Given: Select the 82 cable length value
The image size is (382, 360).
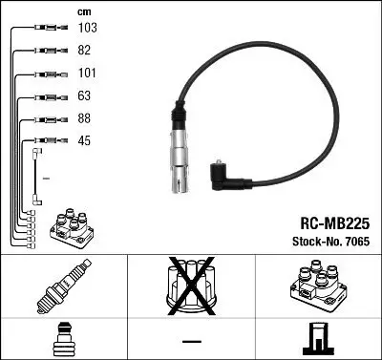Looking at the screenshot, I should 84,52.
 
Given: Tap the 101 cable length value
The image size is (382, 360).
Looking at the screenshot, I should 86,73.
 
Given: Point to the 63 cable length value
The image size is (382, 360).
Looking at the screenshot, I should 84,96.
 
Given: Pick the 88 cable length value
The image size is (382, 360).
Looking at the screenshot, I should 84,119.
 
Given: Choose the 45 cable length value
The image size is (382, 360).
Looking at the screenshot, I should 84,141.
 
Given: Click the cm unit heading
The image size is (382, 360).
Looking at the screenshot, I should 84,11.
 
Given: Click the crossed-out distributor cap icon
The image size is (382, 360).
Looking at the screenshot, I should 191,286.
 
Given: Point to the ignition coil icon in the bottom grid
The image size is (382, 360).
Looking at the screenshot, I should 316,286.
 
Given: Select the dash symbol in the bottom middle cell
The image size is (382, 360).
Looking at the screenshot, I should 191,340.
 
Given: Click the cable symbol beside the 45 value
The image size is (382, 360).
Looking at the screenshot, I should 43,141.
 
